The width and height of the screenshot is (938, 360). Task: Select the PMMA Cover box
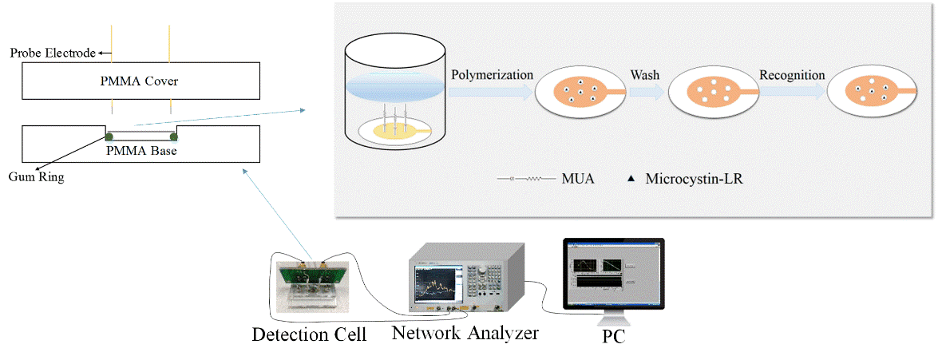(141, 81)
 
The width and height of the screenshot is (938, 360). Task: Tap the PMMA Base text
(141, 149)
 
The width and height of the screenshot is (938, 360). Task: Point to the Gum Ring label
(37, 177)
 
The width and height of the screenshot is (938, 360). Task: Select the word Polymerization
(492, 75)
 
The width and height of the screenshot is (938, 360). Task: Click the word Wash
(644, 75)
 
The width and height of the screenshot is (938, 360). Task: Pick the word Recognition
(792, 75)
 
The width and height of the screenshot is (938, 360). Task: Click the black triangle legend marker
(629, 180)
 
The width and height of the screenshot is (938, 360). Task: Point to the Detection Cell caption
(309, 334)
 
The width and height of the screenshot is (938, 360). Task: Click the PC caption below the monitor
(612, 336)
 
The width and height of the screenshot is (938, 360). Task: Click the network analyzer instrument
(467, 280)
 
